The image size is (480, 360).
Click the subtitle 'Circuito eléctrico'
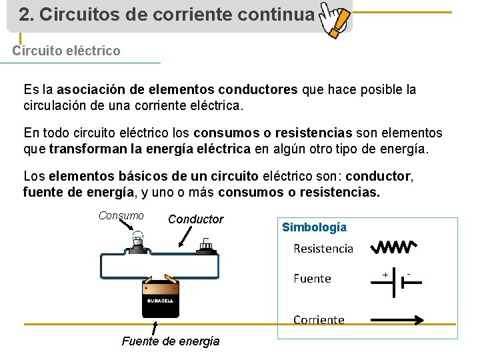click(x=67, y=51)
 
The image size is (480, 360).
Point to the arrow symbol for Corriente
click(x=396, y=320)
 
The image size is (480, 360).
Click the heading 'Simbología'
click(x=314, y=227)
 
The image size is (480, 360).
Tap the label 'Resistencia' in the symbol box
click(x=323, y=249)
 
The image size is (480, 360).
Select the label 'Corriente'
click(x=319, y=320)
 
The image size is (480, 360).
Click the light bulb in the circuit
click(x=138, y=241)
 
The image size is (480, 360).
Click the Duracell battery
click(x=160, y=297)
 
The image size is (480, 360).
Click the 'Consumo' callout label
click(x=121, y=215)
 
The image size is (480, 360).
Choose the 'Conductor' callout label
click(x=196, y=219)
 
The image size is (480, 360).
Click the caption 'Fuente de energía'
click(x=171, y=341)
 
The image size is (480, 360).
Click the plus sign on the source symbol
click(x=385, y=273)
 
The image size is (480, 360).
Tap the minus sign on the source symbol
click(x=408, y=273)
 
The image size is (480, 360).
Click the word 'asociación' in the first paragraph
click(x=90, y=89)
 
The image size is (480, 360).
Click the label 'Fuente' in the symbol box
click(x=312, y=279)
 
